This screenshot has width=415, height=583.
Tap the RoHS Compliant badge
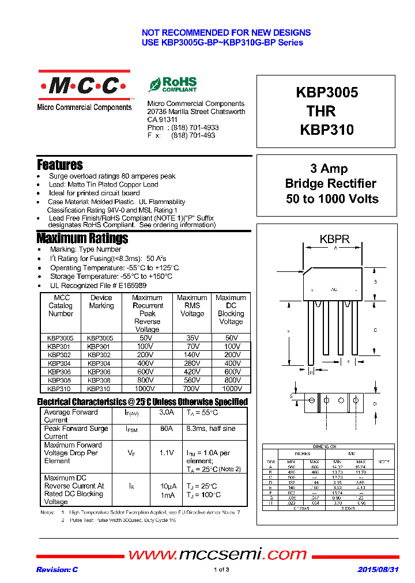click(x=173, y=85)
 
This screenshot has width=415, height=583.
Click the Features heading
click(x=60, y=165)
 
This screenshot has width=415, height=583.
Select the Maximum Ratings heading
click(x=82, y=238)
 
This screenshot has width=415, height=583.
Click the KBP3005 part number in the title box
click(x=327, y=93)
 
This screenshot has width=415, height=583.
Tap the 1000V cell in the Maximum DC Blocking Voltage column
click(x=231, y=389)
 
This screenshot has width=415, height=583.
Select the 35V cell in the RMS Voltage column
click(x=192, y=338)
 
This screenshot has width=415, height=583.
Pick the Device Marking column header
click(x=101, y=302)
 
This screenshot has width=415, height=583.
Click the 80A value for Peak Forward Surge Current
click(x=167, y=429)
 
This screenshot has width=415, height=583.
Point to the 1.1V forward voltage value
click(x=167, y=453)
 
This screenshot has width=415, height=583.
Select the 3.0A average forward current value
click(x=167, y=412)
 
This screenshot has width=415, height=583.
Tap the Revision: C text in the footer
click(x=57, y=570)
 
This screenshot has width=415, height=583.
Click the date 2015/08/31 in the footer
click(x=378, y=570)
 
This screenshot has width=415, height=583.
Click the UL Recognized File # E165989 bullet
click(x=97, y=285)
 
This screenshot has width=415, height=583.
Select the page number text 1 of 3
click(x=221, y=570)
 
